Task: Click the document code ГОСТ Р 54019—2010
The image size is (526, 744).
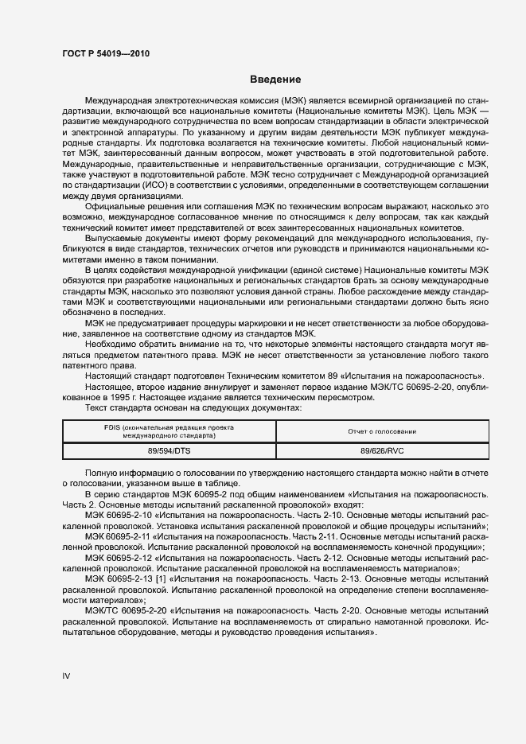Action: tap(105, 53)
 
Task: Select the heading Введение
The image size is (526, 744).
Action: tap(275, 80)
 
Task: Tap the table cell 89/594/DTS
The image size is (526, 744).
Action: tap(169, 450)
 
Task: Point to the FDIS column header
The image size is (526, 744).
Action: tap(169, 431)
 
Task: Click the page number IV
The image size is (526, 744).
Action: tap(67, 676)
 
